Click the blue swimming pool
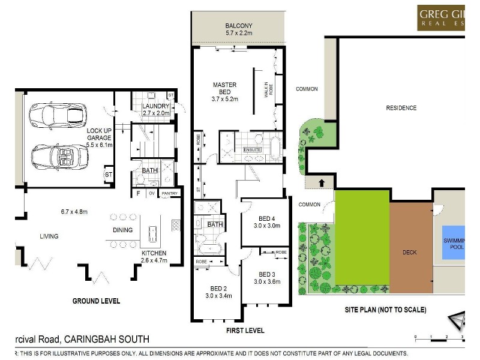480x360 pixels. pos(453,243)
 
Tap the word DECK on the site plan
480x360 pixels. pos(410,253)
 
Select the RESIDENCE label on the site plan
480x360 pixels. pos(401,108)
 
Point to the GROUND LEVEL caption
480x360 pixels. pos(96,301)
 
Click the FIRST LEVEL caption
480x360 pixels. pos(245,331)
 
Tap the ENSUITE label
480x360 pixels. pos(253,149)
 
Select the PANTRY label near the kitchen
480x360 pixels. pos(169,193)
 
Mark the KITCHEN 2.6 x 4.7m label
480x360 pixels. pos(154,257)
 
